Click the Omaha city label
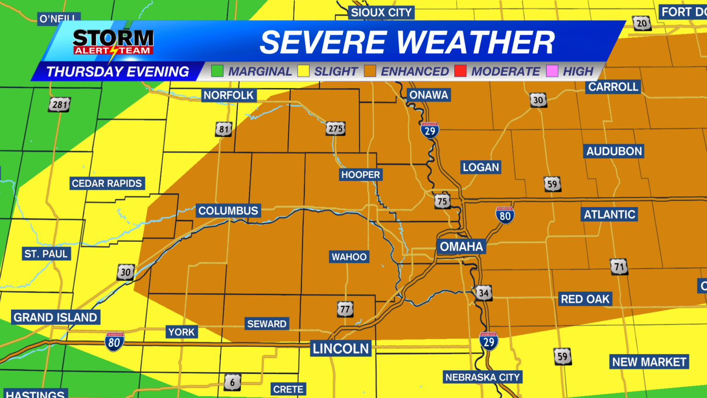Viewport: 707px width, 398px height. coord(461,247)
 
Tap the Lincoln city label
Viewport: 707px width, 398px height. coord(341,348)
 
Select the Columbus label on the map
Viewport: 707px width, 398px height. coord(228,211)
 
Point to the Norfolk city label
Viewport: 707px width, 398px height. coord(228,95)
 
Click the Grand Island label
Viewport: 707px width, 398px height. coord(55,317)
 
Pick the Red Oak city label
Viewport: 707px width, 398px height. coord(585,299)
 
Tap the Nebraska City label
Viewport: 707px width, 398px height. coord(482,377)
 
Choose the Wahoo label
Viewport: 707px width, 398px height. coord(349,257)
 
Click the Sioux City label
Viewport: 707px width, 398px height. coord(381,12)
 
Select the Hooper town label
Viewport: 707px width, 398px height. coord(360,175)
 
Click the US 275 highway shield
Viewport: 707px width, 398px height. coord(335,129)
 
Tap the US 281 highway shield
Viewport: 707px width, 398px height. coord(60,105)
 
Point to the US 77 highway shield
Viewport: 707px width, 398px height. coord(345,309)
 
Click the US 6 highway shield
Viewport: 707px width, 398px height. coord(232,382)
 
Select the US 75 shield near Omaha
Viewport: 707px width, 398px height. coord(442,201)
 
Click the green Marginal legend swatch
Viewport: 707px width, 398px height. coord(217,71)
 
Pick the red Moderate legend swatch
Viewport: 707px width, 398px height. coord(460,71)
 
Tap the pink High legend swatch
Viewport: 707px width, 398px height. coord(552,71)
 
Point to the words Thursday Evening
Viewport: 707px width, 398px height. coord(118,71)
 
